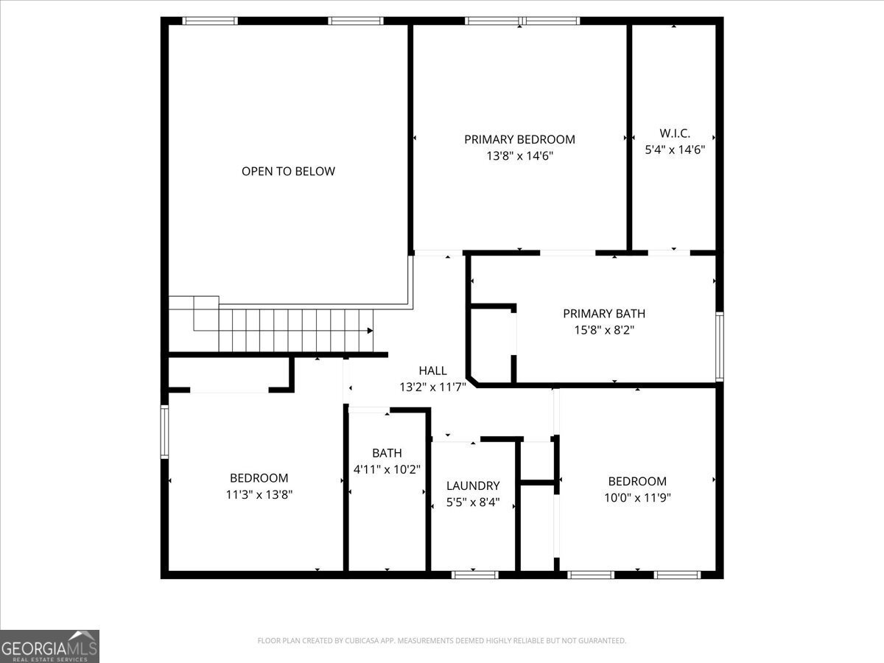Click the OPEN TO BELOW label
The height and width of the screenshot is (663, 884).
288,172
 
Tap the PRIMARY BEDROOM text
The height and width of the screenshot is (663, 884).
519,139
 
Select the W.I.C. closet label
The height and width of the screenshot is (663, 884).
675,133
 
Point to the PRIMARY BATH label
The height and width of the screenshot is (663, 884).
604,314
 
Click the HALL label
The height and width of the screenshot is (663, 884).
432,371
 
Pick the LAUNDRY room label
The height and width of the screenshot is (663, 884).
473,486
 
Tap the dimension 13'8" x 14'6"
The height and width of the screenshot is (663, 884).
519,156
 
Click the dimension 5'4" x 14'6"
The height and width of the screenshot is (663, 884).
675,150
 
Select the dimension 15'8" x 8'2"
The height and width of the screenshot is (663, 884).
604,331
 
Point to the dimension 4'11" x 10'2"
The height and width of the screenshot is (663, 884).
387,469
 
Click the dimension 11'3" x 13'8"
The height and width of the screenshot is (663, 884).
259,495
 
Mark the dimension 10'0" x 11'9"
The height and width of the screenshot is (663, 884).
637,498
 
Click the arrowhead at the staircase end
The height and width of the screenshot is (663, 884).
370,331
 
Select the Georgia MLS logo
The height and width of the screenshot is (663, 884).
49,647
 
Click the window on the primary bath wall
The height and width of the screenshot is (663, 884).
719,346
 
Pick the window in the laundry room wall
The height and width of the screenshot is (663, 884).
475,575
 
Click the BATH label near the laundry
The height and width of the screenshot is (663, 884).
387,453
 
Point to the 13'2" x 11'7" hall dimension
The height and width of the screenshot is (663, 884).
432,387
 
